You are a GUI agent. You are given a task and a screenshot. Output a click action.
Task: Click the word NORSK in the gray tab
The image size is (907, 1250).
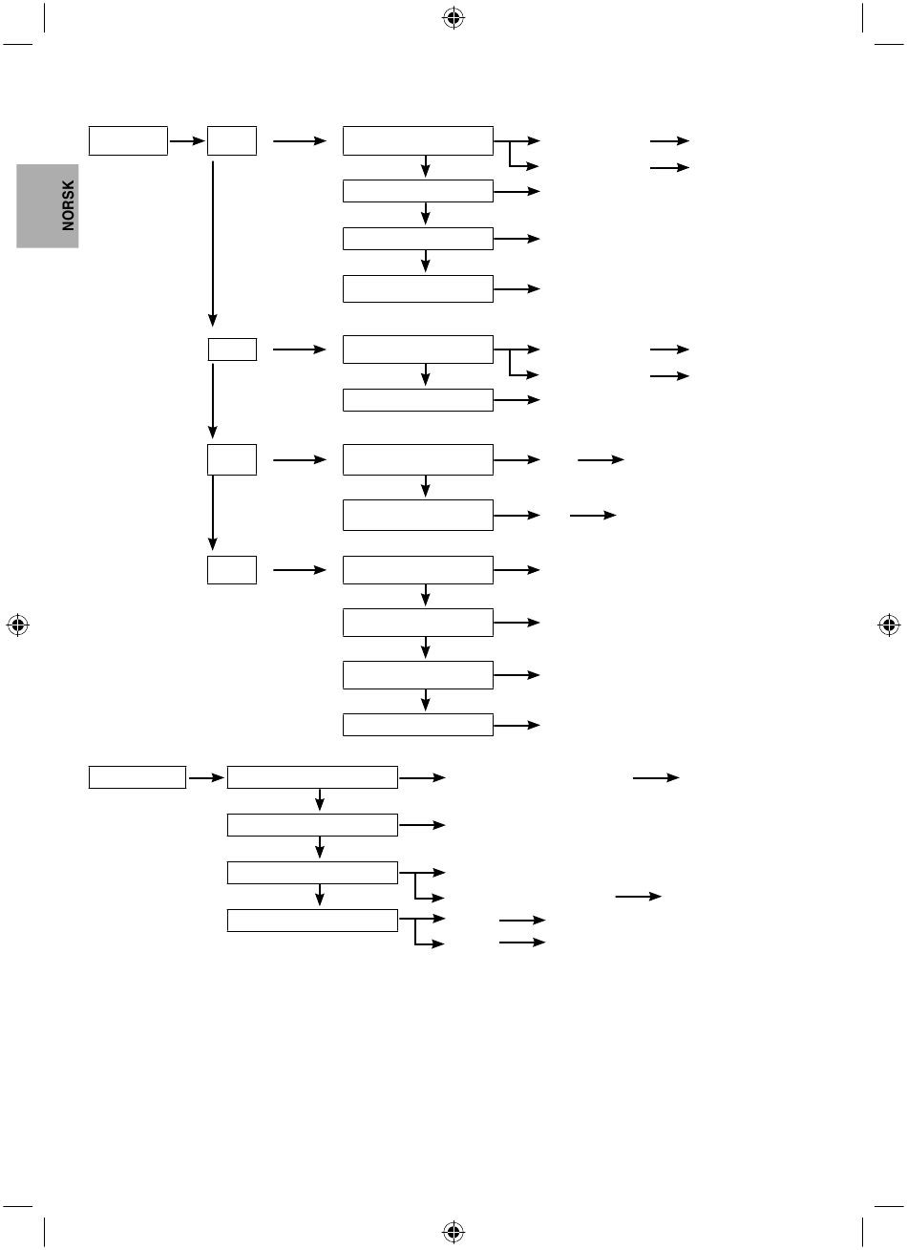pyautogui.click(x=68, y=205)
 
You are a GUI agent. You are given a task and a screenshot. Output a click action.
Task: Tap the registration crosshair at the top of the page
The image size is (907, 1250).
pyautogui.click(x=453, y=18)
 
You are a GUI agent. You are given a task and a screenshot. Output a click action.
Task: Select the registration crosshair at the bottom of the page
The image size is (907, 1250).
pyautogui.click(x=453, y=1232)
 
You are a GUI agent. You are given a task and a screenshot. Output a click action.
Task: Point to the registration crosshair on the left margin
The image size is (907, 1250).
pyautogui.click(x=18, y=625)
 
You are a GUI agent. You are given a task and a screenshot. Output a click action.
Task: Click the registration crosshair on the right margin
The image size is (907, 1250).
pyautogui.click(x=889, y=625)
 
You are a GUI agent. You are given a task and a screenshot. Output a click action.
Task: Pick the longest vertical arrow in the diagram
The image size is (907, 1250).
pyautogui.click(x=213, y=244)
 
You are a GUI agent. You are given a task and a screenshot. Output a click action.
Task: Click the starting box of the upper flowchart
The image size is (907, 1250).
pyautogui.click(x=128, y=140)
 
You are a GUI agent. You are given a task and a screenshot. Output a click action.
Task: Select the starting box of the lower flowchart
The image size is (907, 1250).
pyautogui.click(x=137, y=777)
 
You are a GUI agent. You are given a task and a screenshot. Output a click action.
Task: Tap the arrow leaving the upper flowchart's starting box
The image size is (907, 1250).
pyautogui.click(x=187, y=140)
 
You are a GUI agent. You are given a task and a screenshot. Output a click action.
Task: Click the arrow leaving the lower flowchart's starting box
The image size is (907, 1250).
pyautogui.click(x=206, y=777)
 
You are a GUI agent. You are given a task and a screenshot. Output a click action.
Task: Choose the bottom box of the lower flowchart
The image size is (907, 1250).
pyautogui.click(x=312, y=921)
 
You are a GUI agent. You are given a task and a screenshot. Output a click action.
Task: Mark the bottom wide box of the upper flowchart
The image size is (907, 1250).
pyautogui.click(x=418, y=725)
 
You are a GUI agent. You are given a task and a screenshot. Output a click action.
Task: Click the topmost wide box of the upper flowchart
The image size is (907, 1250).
pyautogui.click(x=418, y=140)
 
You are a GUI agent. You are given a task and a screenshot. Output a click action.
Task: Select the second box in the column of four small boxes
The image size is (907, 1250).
pyautogui.click(x=233, y=350)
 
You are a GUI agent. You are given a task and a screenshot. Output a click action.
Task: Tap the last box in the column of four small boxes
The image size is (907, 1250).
pyautogui.click(x=232, y=570)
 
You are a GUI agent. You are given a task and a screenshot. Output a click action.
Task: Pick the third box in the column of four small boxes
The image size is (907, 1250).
pyautogui.click(x=232, y=460)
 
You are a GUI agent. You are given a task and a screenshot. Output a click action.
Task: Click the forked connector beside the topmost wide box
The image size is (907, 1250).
pyautogui.click(x=510, y=154)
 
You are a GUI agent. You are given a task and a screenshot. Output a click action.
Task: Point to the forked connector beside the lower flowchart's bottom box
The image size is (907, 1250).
pyautogui.click(x=415, y=931)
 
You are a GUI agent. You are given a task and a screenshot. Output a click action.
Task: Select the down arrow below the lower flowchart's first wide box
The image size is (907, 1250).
pyautogui.click(x=320, y=799)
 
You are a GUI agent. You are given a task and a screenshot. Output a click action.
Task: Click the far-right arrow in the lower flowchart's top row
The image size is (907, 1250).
pyautogui.click(x=656, y=777)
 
